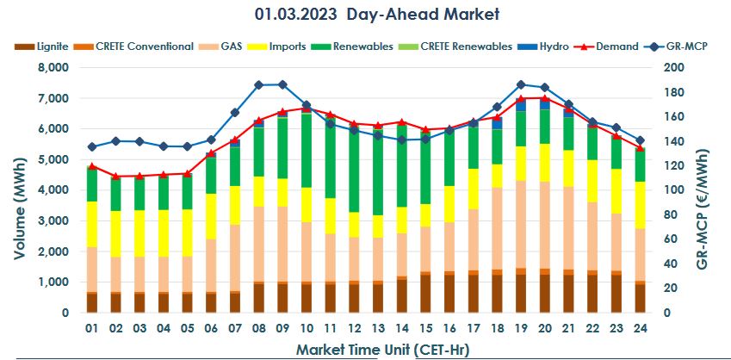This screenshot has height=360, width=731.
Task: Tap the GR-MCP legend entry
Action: pos(685,46)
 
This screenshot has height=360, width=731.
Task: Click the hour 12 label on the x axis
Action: pos(354,328)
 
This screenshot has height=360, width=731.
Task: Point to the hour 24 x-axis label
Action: pos(639,328)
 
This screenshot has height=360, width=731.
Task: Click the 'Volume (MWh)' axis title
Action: pos(19,190)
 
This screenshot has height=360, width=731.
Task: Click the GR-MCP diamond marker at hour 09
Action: pos(282,84)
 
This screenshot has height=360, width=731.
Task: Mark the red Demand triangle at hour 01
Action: pos(92,166)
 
